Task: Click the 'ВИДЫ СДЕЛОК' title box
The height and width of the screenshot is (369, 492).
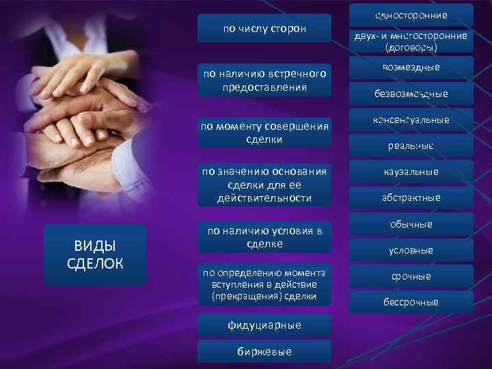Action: [x=95, y=254]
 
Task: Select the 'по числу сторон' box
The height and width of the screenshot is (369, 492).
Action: [x=264, y=29]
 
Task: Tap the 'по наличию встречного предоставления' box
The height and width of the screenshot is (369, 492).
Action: [x=264, y=81]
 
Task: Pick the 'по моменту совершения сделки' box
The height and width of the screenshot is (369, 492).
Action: [x=264, y=133]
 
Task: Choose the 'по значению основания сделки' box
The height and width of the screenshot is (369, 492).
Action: [x=264, y=184]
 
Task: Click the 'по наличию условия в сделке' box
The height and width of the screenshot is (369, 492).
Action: [x=264, y=237]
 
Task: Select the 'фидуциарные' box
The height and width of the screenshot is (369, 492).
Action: [x=264, y=325]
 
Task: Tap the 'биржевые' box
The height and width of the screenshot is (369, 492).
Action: [x=264, y=351]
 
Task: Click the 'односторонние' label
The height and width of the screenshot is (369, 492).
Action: [x=411, y=15]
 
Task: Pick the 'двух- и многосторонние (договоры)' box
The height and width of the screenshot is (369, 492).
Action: [x=411, y=42]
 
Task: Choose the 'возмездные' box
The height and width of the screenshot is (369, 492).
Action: [x=411, y=68]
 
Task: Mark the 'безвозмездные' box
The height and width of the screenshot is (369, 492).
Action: [x=411, y=94]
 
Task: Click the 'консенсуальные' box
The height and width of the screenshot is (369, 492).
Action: [x=411, y=120]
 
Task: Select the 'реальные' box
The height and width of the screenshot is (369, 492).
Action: [x=411, y=146]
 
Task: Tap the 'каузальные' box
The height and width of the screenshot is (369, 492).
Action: [x=411, y=172]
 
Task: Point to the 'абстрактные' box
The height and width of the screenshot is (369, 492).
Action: [x=411, y=197]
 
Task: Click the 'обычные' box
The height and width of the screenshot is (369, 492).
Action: [x=411, y=224]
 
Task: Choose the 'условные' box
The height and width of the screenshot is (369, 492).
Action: [x=411, y=250]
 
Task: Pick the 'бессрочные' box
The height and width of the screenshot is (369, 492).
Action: [x=411, y=302]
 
